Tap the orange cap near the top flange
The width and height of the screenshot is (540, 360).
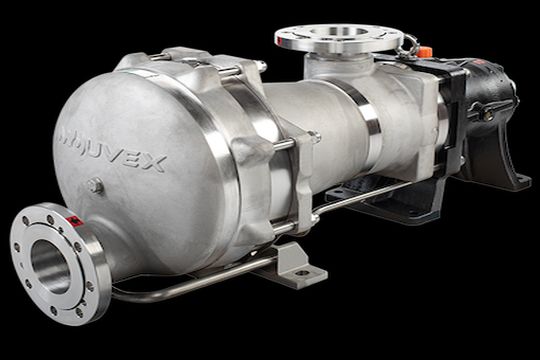(424, 50)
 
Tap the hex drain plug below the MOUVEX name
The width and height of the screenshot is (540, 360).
(94, 185)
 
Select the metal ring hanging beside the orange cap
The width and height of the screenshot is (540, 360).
(408, 45)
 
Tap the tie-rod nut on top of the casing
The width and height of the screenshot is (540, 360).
(258, 66)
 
